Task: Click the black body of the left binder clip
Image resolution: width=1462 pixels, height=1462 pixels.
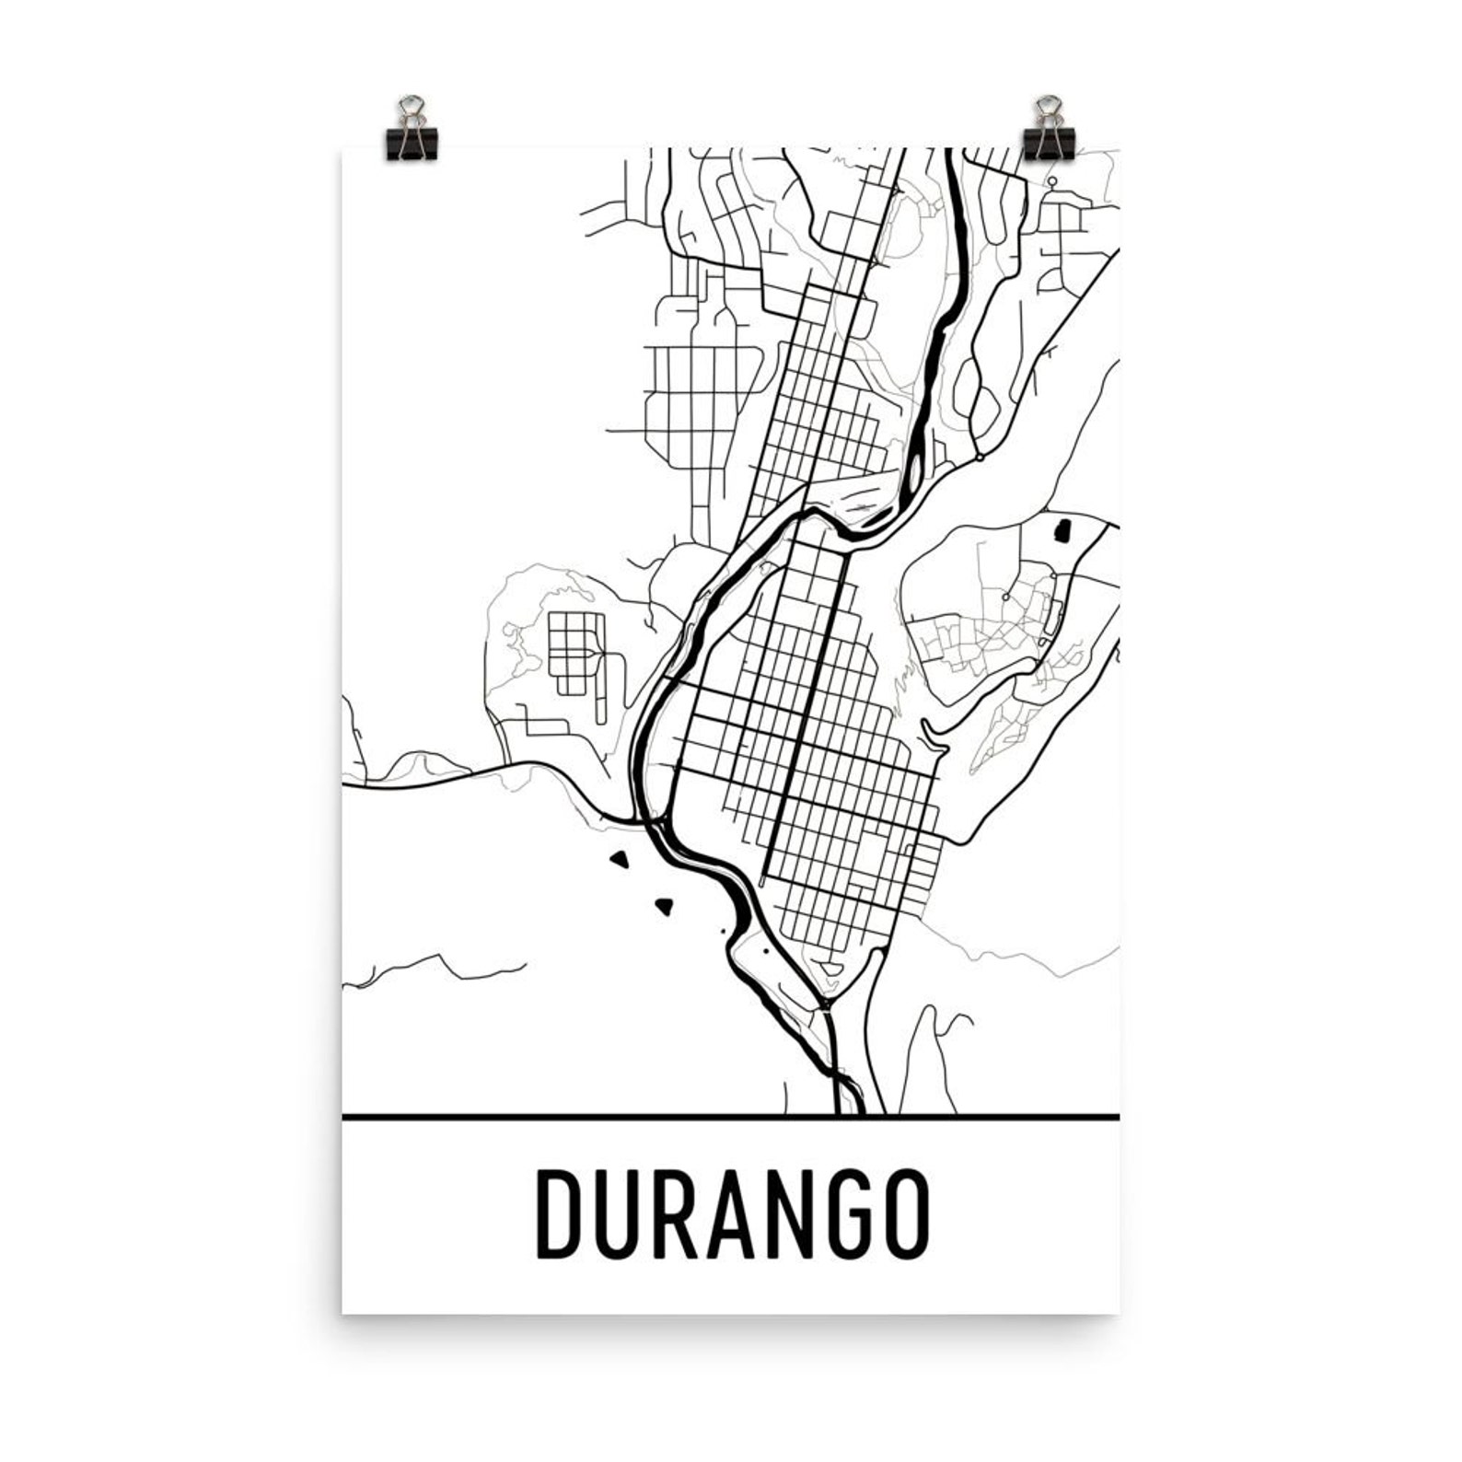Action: click(413, 145)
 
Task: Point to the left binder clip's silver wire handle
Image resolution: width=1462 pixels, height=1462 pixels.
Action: click(412, 110)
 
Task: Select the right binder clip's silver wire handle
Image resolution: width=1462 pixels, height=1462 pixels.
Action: click(1047, 110)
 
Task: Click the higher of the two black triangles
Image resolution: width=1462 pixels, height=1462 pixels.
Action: click(620, 861)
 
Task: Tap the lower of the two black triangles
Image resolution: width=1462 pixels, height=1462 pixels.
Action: click(664, 906)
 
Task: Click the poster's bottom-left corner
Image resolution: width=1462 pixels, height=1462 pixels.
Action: click(343, 1312)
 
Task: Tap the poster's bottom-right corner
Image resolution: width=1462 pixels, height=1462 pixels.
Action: click(1119, 1312)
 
